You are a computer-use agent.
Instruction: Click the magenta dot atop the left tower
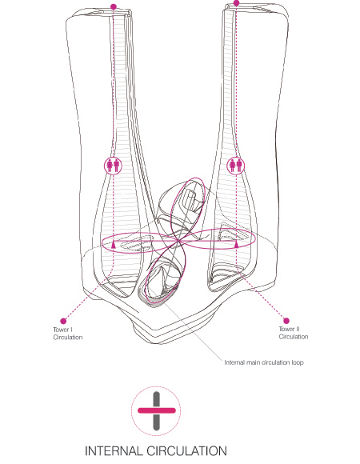[x=114, y=6]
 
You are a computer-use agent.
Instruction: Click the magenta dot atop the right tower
[x=236, y=3]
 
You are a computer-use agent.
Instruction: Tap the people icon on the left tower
[x=113, y=166]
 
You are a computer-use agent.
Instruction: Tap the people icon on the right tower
[x=236, y=166]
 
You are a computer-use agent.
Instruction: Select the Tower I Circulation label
[x=68, y=334]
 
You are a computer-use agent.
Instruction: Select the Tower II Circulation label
[x=294, y=333]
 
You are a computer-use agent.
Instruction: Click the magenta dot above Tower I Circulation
[x=63, y=321]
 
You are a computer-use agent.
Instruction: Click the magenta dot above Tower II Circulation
[x=286, y=321]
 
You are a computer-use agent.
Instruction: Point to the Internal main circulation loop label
[x=264, y=362]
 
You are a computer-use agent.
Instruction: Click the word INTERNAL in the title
[x=114, y=451]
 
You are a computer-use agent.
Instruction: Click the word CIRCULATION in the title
[x=186, y=451]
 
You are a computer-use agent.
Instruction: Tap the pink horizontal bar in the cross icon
[x=157, y=410]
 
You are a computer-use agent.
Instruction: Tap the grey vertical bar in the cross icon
[x=157, y=411]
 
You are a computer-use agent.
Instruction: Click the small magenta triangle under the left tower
[x=114, y=245]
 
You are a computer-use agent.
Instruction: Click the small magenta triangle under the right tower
[x=236, y=244]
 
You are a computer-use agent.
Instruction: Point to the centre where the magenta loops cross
[x=178, y=242]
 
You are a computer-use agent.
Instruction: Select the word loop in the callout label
[x=298, y=362]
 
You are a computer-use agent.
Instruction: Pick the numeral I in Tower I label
[x=71, y=330]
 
